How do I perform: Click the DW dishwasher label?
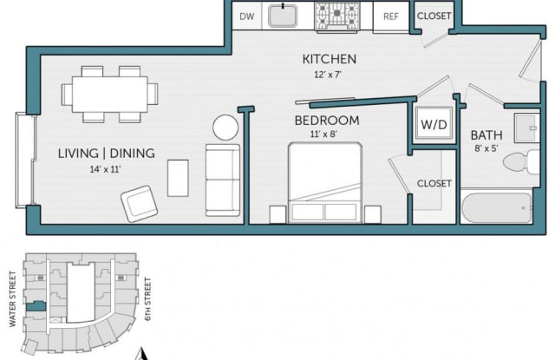click(x=246, y=16)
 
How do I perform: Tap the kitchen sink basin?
click(x=283, y=16)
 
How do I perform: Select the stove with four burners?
click(x=337, y=16)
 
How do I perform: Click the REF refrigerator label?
click(x=391, y=16)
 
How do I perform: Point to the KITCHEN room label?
click(x=330, y=59)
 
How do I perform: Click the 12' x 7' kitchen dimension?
click(x=328, y=75)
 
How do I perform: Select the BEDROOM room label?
click(x=327, y=121)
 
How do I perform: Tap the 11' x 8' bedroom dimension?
click(x=323, y=134)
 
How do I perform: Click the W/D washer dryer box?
click(x=434, y=124)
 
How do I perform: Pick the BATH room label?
click(x=486, y=135)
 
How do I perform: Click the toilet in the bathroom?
click(x=521, y=161)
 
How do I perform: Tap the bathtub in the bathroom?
click(x=497, y=208)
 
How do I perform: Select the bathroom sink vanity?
click(x=527, y=128)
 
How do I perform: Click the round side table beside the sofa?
click(x=225, y=128)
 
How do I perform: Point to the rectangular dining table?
click(x=110, y=95)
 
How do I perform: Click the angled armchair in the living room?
click(x=139, y=204)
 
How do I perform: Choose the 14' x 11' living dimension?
click(x=105, y=169)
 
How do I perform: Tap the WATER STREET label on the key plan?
click(x=13, y=298)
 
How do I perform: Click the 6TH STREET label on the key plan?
click(x=147, y=298)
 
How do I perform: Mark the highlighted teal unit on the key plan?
click(x=36, y=306)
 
